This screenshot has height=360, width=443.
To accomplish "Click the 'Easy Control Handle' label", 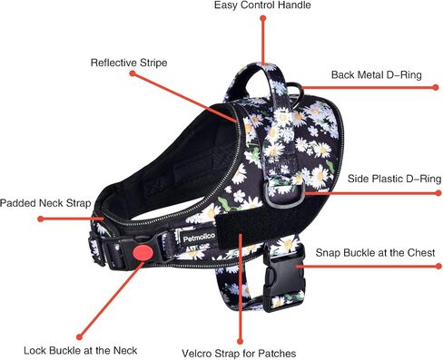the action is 262,5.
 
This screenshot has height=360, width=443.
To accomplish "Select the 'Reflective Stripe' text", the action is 129,63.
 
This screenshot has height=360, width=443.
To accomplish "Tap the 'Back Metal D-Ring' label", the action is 377,74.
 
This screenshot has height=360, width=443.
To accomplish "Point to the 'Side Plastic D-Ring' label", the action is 394,179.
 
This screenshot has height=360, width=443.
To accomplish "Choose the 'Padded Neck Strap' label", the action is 45,203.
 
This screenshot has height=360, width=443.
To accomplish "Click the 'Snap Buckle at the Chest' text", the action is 375,252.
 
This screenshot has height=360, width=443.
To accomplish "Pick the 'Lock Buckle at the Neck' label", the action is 80,350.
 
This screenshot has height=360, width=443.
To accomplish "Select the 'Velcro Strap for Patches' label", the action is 239,353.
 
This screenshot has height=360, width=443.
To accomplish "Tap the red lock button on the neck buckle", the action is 143,252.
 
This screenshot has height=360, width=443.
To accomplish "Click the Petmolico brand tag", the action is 199,238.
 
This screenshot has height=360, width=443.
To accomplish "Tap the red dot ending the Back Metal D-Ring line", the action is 436,87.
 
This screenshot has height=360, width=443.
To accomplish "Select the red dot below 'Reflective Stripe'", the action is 133,73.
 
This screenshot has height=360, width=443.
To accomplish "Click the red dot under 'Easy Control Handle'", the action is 263,18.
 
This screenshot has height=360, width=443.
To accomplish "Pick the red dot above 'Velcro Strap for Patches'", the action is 240,341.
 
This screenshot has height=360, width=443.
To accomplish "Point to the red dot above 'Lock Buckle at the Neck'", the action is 79,336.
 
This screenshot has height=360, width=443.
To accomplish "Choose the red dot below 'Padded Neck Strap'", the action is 41,219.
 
